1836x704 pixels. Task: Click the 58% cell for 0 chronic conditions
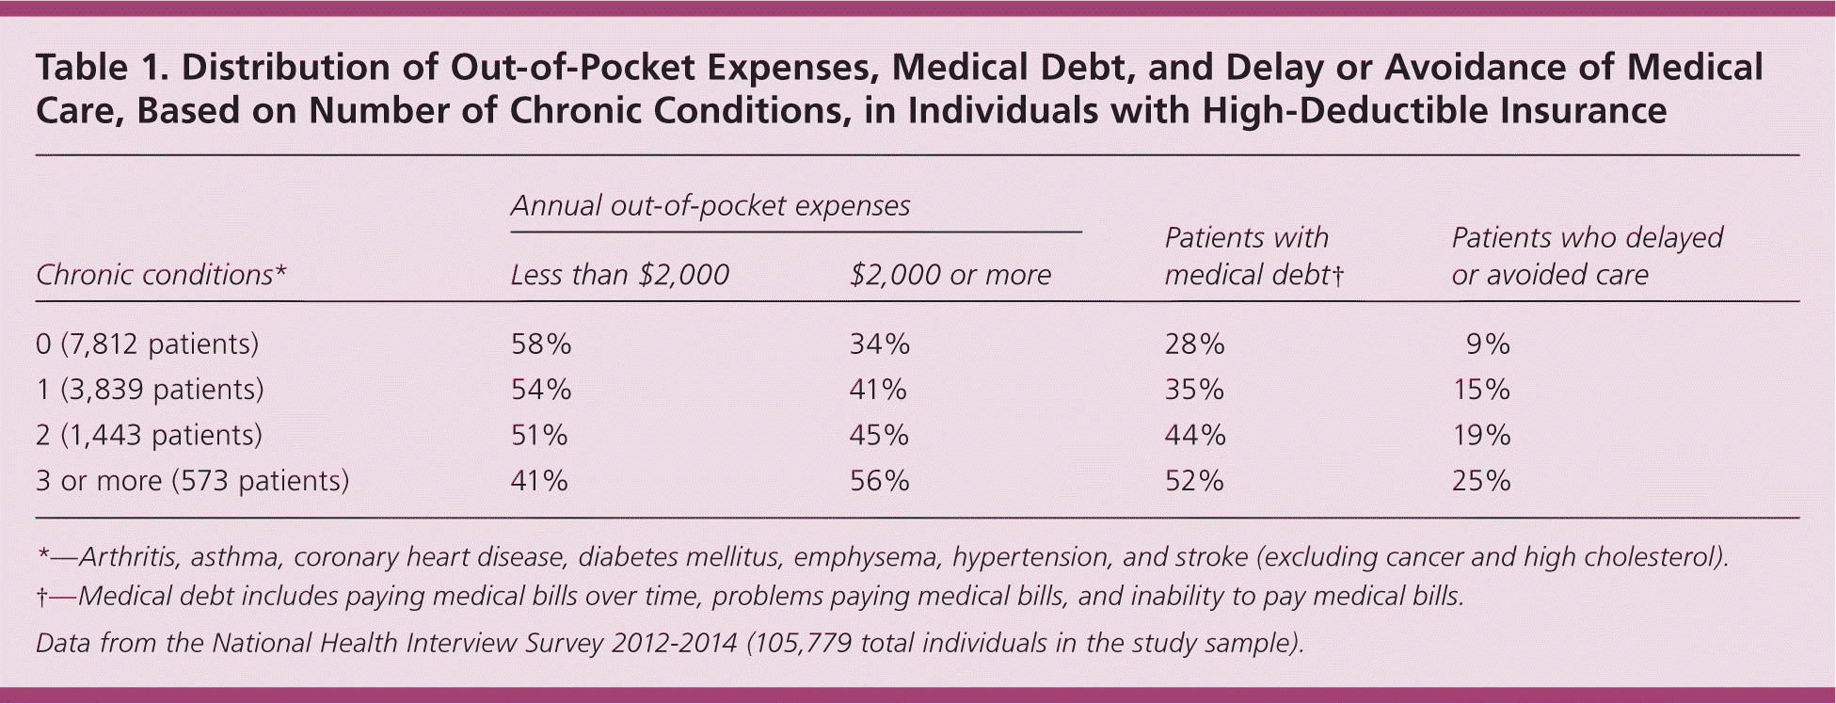point(541,344)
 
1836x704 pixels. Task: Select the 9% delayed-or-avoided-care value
point(1487,344)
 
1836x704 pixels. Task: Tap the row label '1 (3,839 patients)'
point(150,390)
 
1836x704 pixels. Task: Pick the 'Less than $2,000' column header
point(619,275)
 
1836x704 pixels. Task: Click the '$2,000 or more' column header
point(950,275)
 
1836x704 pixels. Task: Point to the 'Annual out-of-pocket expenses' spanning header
point(710,206)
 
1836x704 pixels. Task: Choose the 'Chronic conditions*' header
point(161,275)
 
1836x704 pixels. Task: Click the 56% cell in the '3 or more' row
point(879,481)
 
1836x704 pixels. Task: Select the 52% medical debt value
point(1194,481)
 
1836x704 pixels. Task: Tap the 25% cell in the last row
point(1481,481)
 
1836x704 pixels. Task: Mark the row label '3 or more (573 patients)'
point(192,481)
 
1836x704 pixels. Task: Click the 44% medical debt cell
point(1195,435)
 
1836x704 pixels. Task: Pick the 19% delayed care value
point(1481,435)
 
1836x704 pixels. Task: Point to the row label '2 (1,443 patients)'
point(149,435)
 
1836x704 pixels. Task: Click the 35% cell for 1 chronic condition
point(1195,390)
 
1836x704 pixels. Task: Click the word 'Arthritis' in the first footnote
point(129,557)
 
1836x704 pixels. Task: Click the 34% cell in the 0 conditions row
point(879,344)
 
